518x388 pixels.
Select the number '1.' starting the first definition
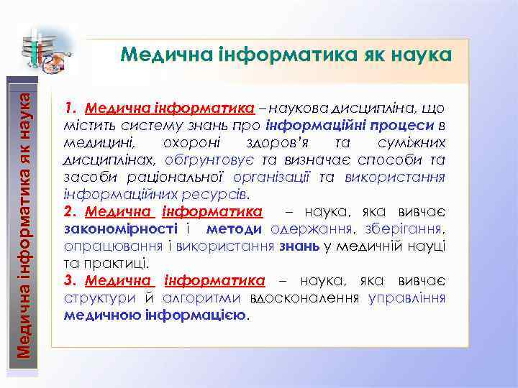(x=71, y=108)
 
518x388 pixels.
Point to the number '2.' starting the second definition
(x=71, y=213)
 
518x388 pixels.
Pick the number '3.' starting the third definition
(x=71, y=280)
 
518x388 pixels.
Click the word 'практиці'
(x=117, y=263)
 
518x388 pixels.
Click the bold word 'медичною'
(x=101, y=315)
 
